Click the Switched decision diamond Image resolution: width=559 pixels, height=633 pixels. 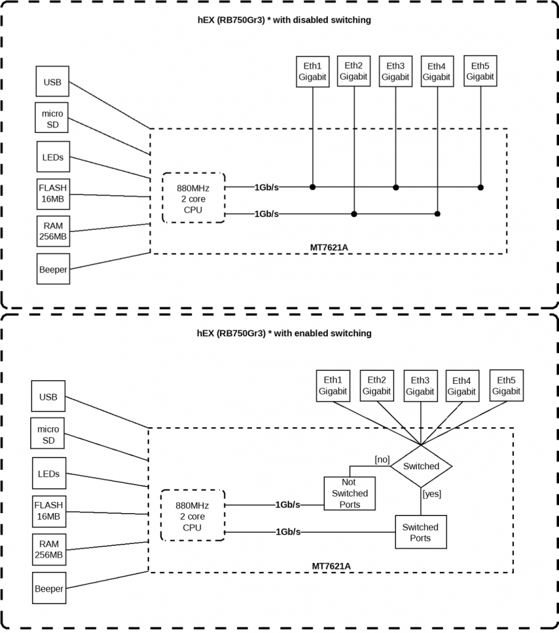click(421, 466)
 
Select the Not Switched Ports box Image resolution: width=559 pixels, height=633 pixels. click(350, 493)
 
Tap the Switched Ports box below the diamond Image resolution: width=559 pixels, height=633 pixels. click(420, 532)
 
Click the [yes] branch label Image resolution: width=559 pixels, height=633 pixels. click(431, 493)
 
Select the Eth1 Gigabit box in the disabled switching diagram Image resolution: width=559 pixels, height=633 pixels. click(313, 71)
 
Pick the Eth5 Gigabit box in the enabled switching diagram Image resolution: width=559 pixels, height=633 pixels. click(506, 385)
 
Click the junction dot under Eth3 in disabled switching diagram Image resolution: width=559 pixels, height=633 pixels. click(396, 187)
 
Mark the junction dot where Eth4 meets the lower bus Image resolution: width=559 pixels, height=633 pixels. click(437, 214)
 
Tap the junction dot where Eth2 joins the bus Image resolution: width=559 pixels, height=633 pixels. click(354, 214)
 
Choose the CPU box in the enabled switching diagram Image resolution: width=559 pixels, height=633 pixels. click(192, 516)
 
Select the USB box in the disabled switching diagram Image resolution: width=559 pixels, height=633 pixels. click(53, 82)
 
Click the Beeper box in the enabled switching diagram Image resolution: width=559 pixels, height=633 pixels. click(49, 588)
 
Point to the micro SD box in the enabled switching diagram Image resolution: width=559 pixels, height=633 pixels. click(48, 435)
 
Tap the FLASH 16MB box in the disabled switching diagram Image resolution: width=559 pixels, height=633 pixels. click(53, 194)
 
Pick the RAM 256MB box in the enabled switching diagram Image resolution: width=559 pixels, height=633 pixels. click(49, 549)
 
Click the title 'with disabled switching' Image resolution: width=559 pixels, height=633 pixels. click(284, 20)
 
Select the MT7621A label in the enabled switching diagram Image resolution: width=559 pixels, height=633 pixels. click(331, 566)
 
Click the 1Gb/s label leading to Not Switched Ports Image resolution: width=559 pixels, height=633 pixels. click(288, 504)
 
